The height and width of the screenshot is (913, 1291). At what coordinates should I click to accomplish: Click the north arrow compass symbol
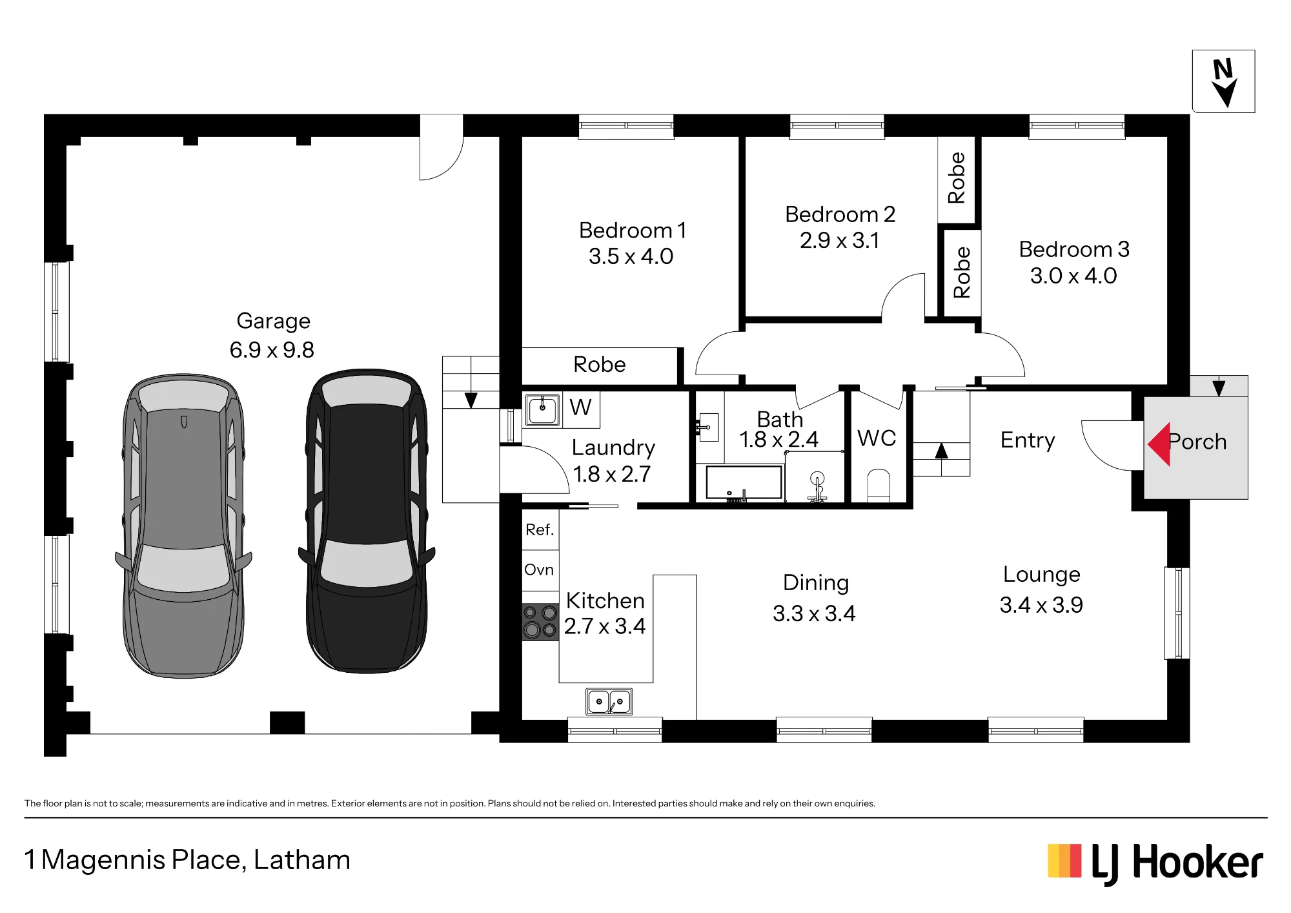tap(1224, 81)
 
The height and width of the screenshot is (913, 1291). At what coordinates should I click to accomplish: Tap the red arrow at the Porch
tap(1160, 444)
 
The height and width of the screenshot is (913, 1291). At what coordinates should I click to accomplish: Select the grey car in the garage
tap(183, 526)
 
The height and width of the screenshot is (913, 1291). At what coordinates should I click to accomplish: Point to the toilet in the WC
tap(879, 486)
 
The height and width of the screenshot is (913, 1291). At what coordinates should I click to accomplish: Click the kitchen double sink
tap(609, 701)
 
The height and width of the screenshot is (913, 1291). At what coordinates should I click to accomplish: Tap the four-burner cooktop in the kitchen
tap(540, 621)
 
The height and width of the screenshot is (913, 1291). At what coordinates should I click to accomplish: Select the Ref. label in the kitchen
tap(540, 530)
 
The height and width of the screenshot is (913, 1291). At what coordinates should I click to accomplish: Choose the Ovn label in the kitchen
tap(539, 570)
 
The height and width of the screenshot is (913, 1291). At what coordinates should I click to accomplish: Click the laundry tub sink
tap(542, 409)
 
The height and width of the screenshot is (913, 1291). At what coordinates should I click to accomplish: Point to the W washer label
tap(580, 407)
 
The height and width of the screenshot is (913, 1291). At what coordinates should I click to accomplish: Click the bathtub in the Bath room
tap(744, 482)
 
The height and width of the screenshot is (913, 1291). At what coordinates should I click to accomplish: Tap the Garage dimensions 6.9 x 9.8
tap(272, 350)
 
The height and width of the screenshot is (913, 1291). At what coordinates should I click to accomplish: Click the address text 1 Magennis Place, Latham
tap(187, 860)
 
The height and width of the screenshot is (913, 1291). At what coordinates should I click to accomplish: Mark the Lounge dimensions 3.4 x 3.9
tap(1041, 605)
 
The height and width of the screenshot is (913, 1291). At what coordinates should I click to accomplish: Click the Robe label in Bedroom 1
tap(600, 365)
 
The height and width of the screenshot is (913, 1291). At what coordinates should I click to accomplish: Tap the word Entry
tap(1028, 441)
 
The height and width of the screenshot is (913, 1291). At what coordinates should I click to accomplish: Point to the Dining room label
tap(816, 583)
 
